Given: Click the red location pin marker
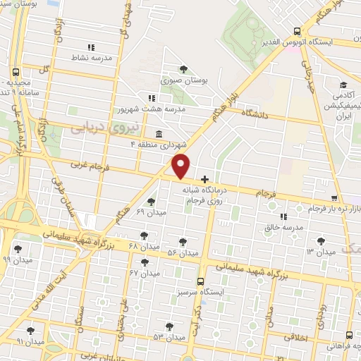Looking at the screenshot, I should coord(181,166).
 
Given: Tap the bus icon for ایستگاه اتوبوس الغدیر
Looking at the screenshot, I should coord(298,31).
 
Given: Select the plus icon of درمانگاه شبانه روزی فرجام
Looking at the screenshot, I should coord(204,180).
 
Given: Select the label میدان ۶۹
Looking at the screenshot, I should coord(150,212).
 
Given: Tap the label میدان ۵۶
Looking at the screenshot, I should coord(181,252).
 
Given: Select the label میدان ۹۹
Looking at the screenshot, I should coord(16,259).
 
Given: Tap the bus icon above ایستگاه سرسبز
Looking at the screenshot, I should coord(201,281).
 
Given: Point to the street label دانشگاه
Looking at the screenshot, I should coord(257,112).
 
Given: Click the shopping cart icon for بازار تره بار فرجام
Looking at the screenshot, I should coord(334,199).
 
